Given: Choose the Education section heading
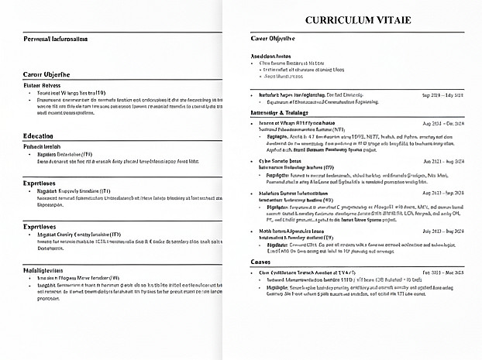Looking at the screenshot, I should click(39, 136).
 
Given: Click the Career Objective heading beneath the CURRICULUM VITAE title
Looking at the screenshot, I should click(274, 38).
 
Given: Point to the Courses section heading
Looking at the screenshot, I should click(262, 262).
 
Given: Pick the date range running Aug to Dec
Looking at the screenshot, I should click(443, 123).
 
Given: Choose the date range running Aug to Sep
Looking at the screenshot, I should click(443, 161).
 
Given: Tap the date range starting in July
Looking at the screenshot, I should click(443, 231).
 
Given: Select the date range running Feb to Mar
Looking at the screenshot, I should click(443, 273).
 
